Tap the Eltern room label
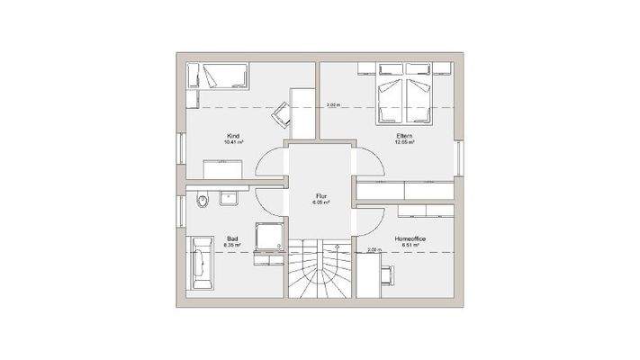403,136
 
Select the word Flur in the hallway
320,196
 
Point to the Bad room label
230,238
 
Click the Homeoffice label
410,238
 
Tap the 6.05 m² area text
320,202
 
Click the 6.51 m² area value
410,245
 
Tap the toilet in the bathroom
203,200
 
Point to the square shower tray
269,237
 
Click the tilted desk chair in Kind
282,112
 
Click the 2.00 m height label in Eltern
332,105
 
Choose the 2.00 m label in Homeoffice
374,249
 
